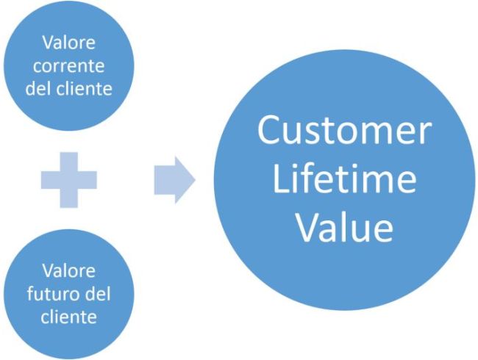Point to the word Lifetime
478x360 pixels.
[343, 180]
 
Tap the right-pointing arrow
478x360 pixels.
[174, 181]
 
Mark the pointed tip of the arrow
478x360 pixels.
[194, 181]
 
